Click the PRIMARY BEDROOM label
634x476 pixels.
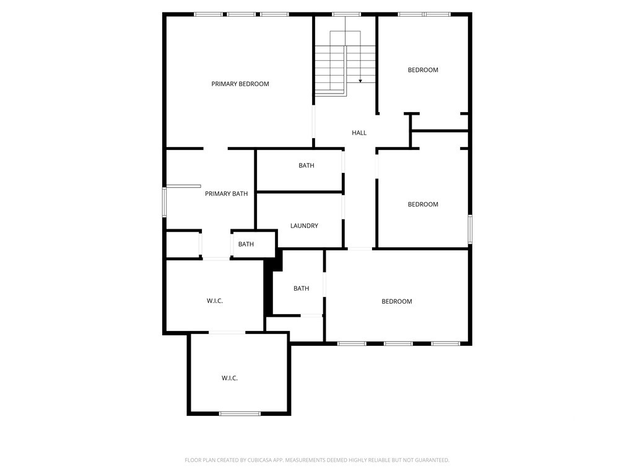(x=240, y=84)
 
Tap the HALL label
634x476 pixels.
(x=359, y=133)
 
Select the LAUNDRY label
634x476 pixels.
(x=304, y=226)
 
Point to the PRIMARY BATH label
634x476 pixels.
(x=227, y=194)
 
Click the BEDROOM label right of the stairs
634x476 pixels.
(x=423, y=70)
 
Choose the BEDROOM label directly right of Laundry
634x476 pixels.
(x=423, y=205)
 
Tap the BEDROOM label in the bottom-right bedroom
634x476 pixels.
(x=397, y=302)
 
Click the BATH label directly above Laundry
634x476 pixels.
(x=306, y=165)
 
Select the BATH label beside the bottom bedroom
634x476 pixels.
(x=302, y=289)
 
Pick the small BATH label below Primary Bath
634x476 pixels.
(x=246, y=244)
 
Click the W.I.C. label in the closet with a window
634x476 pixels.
(x=230, y=378)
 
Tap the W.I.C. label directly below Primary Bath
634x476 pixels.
(x=215, y=301)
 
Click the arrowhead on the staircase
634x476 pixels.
(x=360, y=81)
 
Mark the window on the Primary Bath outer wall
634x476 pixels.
(x=164, y=203)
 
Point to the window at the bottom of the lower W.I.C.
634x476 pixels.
(x=240, y=413)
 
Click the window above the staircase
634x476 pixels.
(x=346, y=15)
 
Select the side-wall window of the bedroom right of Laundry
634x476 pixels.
(x=471, y=229)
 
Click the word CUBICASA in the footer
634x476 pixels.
(x=260, y=461)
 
